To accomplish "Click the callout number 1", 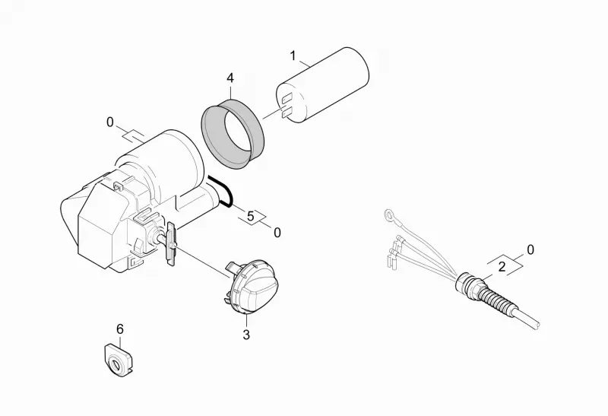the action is pyautogui.click(x=293, y=56).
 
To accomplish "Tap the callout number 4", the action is pyautogui.click(x=230, y=78).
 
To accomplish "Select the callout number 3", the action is pyautogui.click(x=246, y=335).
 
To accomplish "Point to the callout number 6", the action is pyautogui.click(x=120, y=329).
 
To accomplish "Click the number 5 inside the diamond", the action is pyautogui.click(x=251, y=216).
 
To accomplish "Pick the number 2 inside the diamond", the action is pyautogui.click(x=502, y=267).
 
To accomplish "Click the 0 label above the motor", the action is pyautogui.click(x=110, y=122).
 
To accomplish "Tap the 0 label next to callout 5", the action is pyautogui.click(x=277, y=233).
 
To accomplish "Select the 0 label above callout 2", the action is pyautogui.click(x=530, y=249).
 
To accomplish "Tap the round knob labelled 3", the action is pyautogui.click(x=252, y=285).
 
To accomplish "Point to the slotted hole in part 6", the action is pyautogui.click(x=116, y=365).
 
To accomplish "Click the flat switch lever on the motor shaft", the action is pyautogui.click(x=170, y=243).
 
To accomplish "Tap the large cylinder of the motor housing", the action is pyautogui.click(x=163, y=163).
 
